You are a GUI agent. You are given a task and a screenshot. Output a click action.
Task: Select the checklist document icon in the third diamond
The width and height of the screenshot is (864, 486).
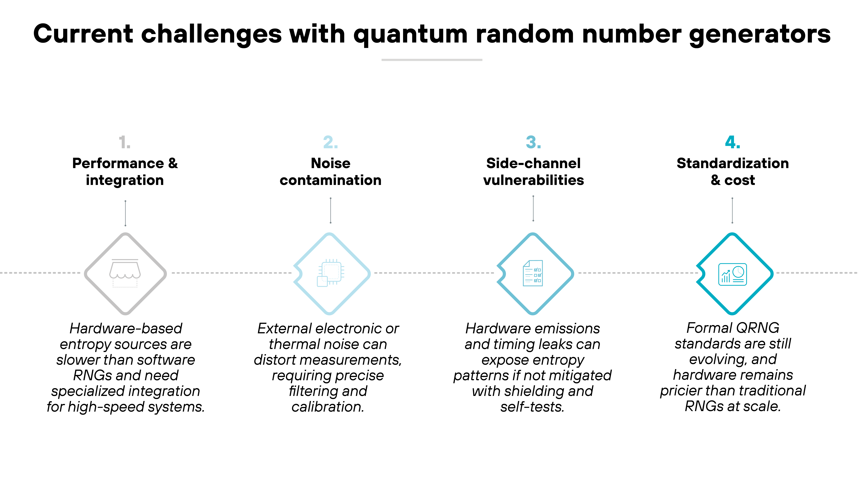(x=533, y=273)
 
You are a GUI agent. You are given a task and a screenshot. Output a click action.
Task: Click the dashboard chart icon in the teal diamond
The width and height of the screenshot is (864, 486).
(x=732, y=274)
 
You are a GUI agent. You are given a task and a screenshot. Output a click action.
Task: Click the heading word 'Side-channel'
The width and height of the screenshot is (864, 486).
(x=533, y=163)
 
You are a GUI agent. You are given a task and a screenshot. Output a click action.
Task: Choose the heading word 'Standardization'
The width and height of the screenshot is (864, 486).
(x=732, y=163)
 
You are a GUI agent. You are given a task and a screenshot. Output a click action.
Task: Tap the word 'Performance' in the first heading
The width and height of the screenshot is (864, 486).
(x=118, y=163)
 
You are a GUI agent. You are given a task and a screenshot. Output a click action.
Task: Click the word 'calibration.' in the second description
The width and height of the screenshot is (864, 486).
(x=328, y=407)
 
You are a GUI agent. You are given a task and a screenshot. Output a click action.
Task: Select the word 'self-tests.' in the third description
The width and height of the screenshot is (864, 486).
(x=532, y=407)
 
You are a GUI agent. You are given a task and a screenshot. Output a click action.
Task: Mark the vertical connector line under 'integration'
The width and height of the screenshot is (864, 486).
(x=125, y=213)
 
